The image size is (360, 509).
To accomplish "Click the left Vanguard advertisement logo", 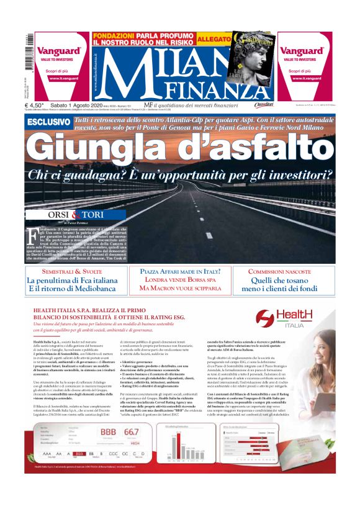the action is point(58,51).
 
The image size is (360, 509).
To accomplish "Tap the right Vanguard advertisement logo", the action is point(300,51).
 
